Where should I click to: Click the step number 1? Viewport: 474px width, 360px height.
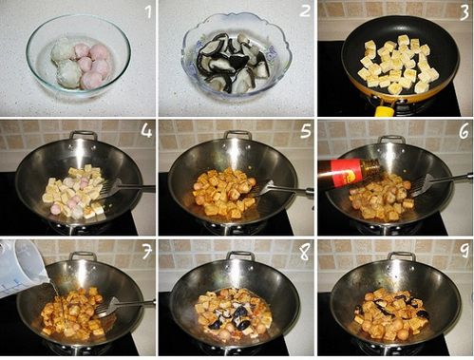point(147,12)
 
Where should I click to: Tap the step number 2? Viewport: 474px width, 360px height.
point(305,12)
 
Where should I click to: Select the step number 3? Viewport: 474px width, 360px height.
point(463,12)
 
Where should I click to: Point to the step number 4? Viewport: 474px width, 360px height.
point(147,129)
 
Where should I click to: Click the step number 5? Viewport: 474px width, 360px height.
point(305,129)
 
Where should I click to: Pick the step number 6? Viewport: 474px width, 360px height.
point(463,130)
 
